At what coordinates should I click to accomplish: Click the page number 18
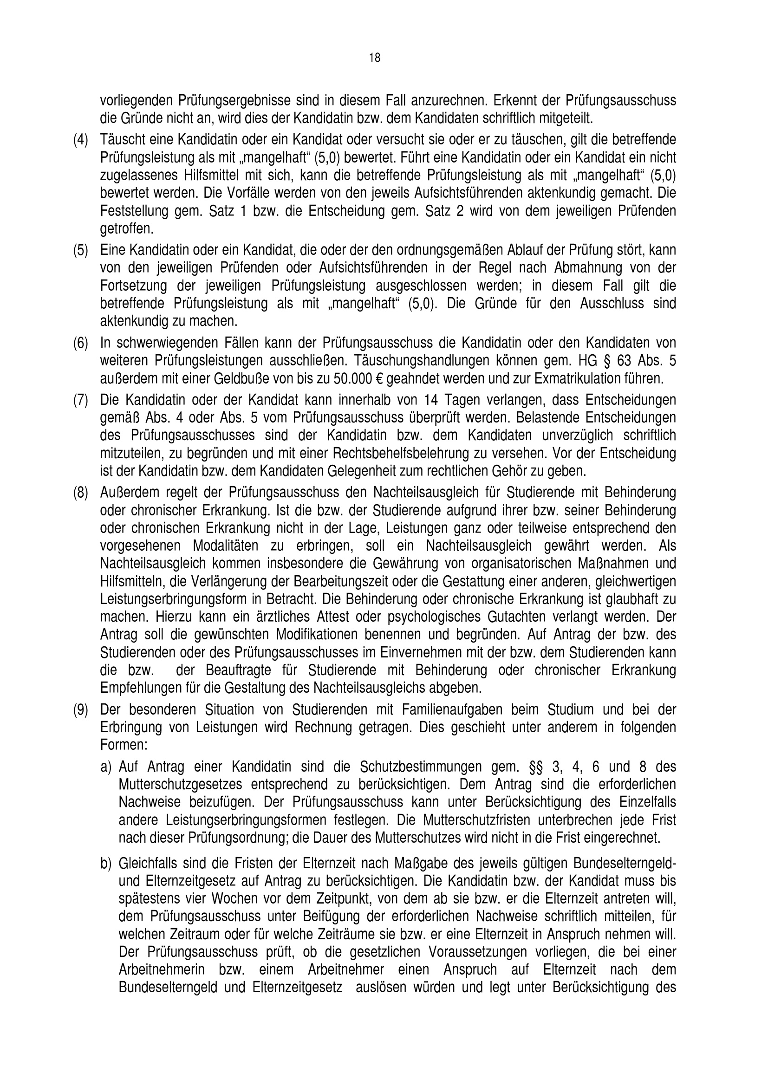click(375, 58)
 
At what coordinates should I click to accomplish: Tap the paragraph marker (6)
click(80, 343)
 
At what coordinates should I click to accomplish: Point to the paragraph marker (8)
click(80, 492)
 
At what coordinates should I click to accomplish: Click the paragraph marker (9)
click(80, 709)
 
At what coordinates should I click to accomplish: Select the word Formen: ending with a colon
click(124, 744)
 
